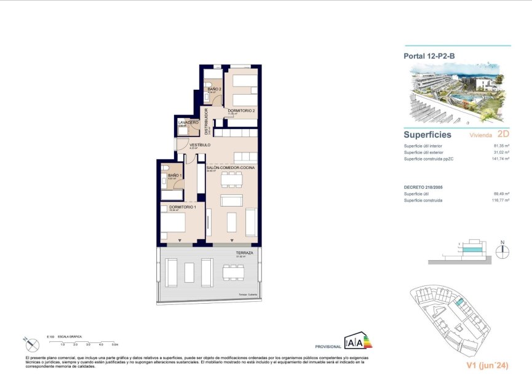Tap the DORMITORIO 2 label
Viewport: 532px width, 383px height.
tap(241, 110)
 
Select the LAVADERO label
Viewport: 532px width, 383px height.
tap(188, 122)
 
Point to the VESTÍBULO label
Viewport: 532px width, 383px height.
tap(199, 145)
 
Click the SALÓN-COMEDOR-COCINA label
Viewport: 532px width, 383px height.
tap(231, 167)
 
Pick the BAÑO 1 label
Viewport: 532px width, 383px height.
tap(175, 175)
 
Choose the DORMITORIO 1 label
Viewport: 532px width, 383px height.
tap(178, 207)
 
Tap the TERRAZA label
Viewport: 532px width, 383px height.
tap(244, 253)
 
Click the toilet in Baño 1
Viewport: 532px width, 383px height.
tap(165, 168)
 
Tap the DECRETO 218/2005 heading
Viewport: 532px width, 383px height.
tap(424, 188)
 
